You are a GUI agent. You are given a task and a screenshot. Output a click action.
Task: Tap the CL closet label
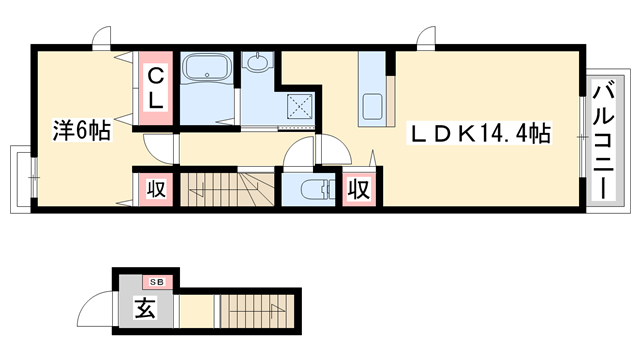pyautogui.click(x=157, y=87)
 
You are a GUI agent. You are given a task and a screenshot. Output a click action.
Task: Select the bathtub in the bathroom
pyautogui.click(x=207, y=70)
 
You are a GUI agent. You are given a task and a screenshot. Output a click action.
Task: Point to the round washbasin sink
pyautogui.click(x=257, y=65)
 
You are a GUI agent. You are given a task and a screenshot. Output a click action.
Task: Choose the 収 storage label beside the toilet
pyautogui.click(x=359, y=188)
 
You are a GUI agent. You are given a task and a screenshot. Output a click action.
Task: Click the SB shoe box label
pyautogui.click(x=156, y=282)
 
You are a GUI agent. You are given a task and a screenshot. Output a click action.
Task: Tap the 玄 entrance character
pyautogui.click(x=145, y=310)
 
